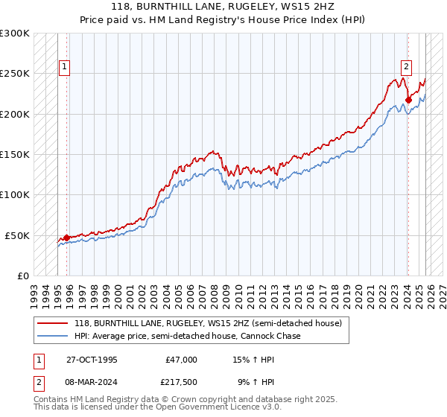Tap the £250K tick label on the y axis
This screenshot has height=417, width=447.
pyautogui.click(x=15, y=74)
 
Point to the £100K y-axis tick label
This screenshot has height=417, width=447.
pyautogui.click(x=15, y=194)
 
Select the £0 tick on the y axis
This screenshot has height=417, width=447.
pyautogui.click(x=22, y=276)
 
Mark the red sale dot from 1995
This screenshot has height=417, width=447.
pyautogui.click(x=67, y=238)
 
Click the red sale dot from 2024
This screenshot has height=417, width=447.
pyautogui.click(x=408, y=100)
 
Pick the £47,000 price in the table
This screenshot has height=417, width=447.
pyautogui.click(x=181, y=360)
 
